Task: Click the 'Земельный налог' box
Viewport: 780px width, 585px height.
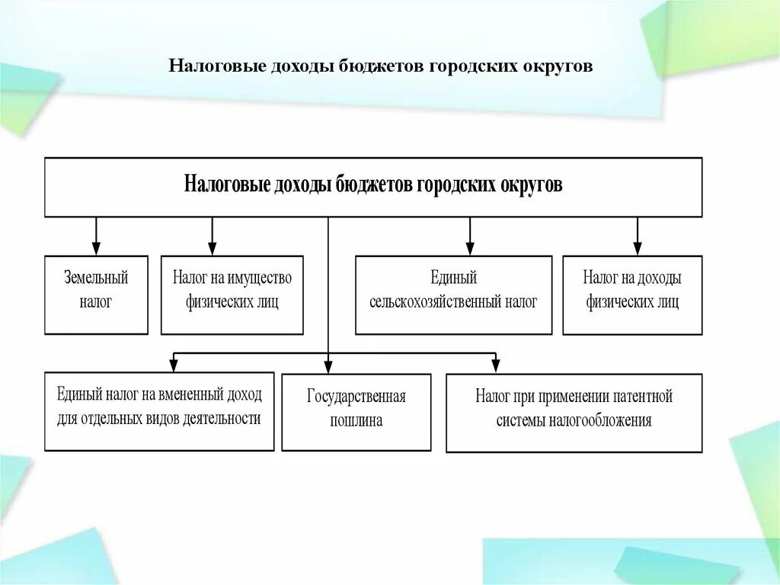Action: coord(96,294)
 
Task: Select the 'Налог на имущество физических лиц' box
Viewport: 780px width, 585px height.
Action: coord(232,294)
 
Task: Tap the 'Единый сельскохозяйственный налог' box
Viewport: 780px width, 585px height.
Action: coord(453,294)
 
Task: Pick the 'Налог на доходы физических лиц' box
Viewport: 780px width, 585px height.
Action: coord(632,294)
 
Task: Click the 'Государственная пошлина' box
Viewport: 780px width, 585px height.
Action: coord(356,412)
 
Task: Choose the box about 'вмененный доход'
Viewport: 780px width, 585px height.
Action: coord(158,411)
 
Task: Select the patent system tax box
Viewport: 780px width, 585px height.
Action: coord(574,413)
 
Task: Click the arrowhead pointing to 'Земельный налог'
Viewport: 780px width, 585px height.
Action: coord(96,248)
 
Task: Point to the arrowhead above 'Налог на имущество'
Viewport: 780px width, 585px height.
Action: coord(212,248)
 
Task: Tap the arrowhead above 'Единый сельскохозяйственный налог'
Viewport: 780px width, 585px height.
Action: coord(470,248)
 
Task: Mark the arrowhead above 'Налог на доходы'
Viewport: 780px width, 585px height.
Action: coord(638,248)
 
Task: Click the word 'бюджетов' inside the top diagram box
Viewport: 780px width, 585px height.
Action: coord(374,185)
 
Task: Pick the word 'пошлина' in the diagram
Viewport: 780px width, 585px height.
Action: coord(356,421)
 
